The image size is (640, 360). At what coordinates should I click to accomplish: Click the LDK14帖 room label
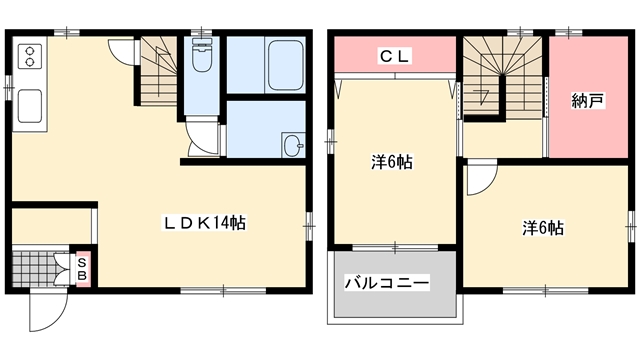click(204, 223)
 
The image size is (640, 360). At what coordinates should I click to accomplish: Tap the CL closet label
click(394, 56)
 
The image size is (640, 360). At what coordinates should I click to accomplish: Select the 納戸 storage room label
click(587, 101)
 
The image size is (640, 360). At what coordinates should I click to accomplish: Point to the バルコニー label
click(387, 282)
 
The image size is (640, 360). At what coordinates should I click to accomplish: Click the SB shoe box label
click(82, 269)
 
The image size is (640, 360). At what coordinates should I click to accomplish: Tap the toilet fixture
click(201, 56)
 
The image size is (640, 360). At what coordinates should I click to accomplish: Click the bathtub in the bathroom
click(285, 65)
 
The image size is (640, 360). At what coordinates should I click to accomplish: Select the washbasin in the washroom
click(293, 145)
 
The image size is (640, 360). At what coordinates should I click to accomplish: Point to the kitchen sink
click(30, 106)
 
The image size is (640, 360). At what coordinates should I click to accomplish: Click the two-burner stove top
click(29, 56)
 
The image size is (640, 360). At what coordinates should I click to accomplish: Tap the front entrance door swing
click(48, 311)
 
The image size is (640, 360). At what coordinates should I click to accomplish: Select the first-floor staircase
click(158, 71)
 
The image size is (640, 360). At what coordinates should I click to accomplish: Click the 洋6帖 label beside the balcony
click(392, 162)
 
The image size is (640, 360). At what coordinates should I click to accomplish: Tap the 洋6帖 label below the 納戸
click(543, 228)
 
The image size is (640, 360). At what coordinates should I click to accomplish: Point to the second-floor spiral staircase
click(502, 77)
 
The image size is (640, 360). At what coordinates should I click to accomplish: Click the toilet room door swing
click(203, 138)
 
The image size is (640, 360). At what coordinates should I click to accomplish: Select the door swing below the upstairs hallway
click(482, 177)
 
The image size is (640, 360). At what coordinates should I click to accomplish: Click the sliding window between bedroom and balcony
click(395, 247)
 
